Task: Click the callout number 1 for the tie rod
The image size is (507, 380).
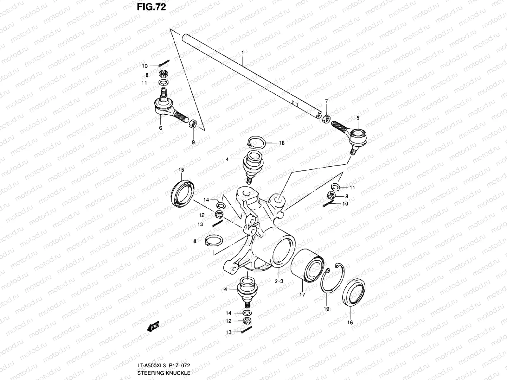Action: click(242, 52)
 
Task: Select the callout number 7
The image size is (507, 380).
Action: click(327, 101)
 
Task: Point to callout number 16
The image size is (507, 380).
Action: click(350, 323)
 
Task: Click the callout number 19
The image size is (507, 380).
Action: click(327, 309)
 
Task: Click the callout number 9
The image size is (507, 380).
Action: click(193, 142)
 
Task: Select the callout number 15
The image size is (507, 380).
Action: click(181, 170)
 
